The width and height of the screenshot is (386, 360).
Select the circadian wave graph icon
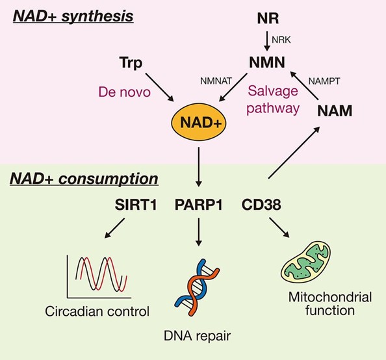coord(95,276)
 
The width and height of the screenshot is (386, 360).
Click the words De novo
coord(124,92)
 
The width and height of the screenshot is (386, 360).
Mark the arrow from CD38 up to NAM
coord(292,153)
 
